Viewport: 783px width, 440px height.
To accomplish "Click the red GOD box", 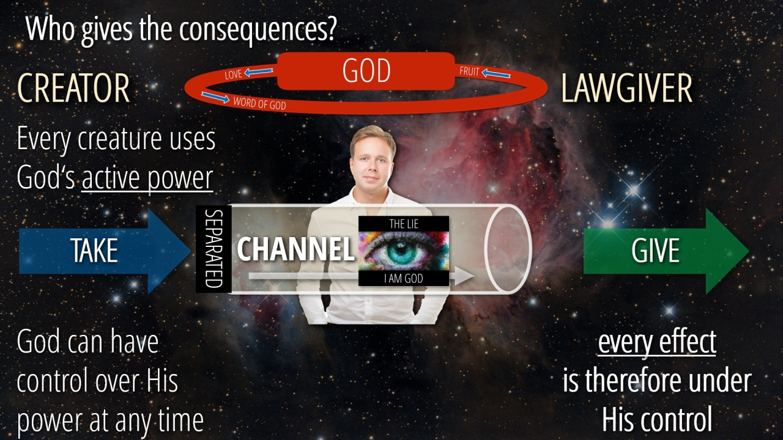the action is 366,71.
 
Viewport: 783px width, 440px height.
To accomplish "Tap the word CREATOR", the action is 73,88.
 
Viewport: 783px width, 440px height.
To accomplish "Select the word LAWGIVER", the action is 626,88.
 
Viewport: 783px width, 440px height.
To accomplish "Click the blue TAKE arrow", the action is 105,251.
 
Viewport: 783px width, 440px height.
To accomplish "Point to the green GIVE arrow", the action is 666,251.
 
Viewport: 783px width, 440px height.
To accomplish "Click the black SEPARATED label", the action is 213,249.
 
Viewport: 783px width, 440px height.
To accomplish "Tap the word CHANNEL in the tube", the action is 295,249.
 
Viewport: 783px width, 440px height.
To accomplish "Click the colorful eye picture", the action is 404,251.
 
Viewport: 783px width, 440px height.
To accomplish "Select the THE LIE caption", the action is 404,224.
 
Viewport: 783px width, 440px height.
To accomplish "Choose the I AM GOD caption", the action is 404,278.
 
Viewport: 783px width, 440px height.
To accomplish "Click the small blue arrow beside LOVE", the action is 259,72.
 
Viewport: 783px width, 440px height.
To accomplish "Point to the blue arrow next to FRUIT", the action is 496,73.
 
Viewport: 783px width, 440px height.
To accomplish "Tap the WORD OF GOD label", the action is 259,103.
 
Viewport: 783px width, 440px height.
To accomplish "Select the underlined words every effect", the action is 657,343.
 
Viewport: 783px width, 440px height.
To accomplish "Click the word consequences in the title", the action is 258,29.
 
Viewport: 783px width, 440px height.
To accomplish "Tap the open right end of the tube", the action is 508,249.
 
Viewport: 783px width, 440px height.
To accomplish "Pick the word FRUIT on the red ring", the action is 469,71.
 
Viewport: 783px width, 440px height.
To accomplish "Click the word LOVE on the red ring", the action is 233,75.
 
